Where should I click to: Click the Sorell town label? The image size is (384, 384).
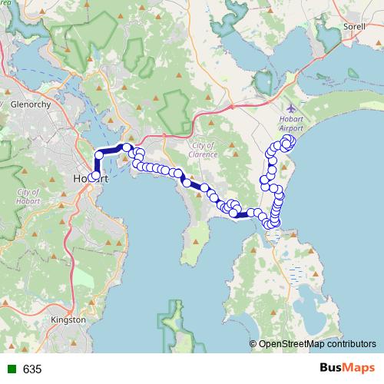[355, 26]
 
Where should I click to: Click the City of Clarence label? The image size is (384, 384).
[204, 150]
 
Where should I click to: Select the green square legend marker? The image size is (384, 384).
[8, 369]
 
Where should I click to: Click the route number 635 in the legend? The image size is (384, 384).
[32, 369]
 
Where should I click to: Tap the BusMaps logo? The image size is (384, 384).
[347, 369]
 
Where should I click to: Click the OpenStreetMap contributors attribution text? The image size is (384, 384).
[317, 344]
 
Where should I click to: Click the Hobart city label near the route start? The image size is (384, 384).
[83, 178]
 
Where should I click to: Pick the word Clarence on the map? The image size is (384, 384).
[204, 154]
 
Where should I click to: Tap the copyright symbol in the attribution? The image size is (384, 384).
[253, 344]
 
